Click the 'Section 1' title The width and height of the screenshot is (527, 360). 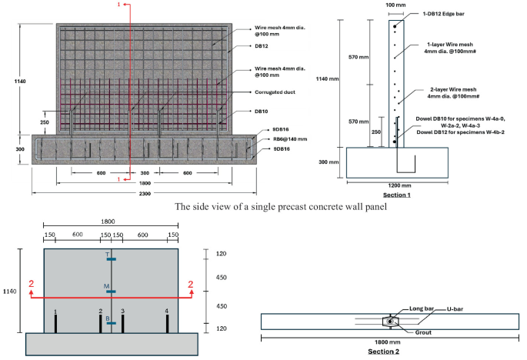pyautogui.click(x=398, y=195)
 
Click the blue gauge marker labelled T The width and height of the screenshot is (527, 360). pyautogui.click(x=112, y=259)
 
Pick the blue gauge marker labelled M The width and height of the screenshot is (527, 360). pyautogui.click(x=112, y=292)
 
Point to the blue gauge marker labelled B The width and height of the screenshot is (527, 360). pyautogui.click(x=112, y=323)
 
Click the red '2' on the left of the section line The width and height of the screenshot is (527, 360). pyautogui.click(x=32, y=285)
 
